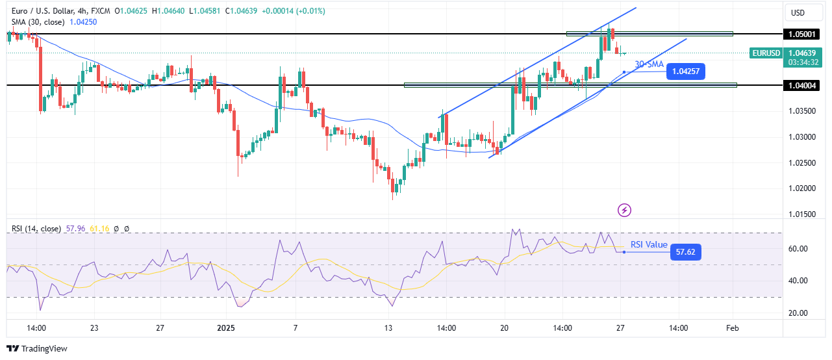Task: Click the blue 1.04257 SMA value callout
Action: (686, 71)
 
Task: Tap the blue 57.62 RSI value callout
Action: (685, 251)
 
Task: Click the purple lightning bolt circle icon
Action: (625, 209)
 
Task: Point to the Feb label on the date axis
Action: (733, 328)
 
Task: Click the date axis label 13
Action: (389, 328)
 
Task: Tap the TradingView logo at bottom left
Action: (36, 349)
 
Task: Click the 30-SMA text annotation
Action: (649, 64)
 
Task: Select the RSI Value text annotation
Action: (649, 245)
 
